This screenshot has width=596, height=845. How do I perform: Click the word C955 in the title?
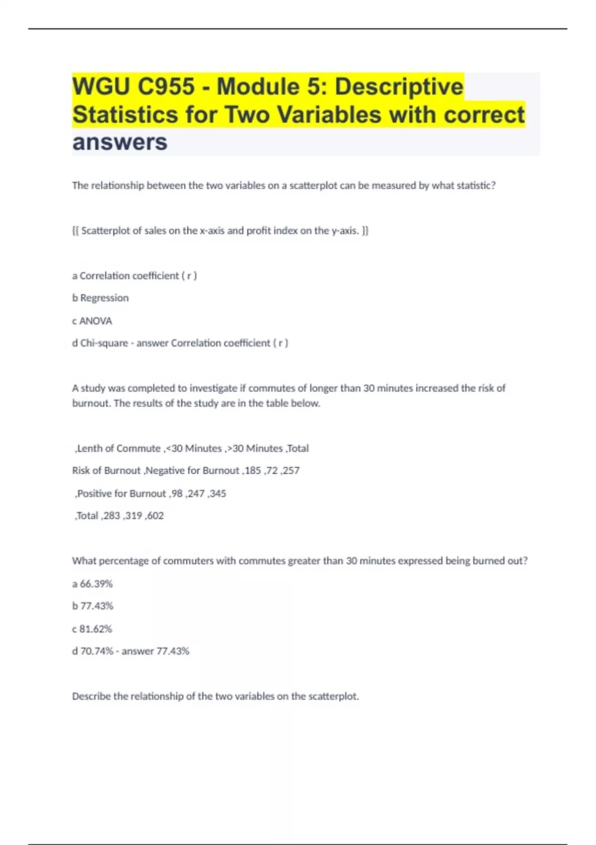166,87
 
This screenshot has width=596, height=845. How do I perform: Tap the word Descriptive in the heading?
399,87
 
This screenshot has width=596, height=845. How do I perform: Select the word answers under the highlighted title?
120,142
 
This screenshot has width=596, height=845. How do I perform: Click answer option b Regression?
100,298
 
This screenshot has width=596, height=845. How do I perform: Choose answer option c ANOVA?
92,321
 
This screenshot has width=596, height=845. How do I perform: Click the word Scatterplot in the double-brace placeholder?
105,231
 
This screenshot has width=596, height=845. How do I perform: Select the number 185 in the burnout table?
252,470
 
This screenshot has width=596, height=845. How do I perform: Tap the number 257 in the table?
292,470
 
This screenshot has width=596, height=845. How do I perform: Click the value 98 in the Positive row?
177,494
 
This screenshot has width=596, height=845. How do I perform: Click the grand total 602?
155,515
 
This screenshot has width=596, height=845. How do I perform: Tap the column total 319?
134,515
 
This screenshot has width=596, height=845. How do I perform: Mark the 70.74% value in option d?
97,651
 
